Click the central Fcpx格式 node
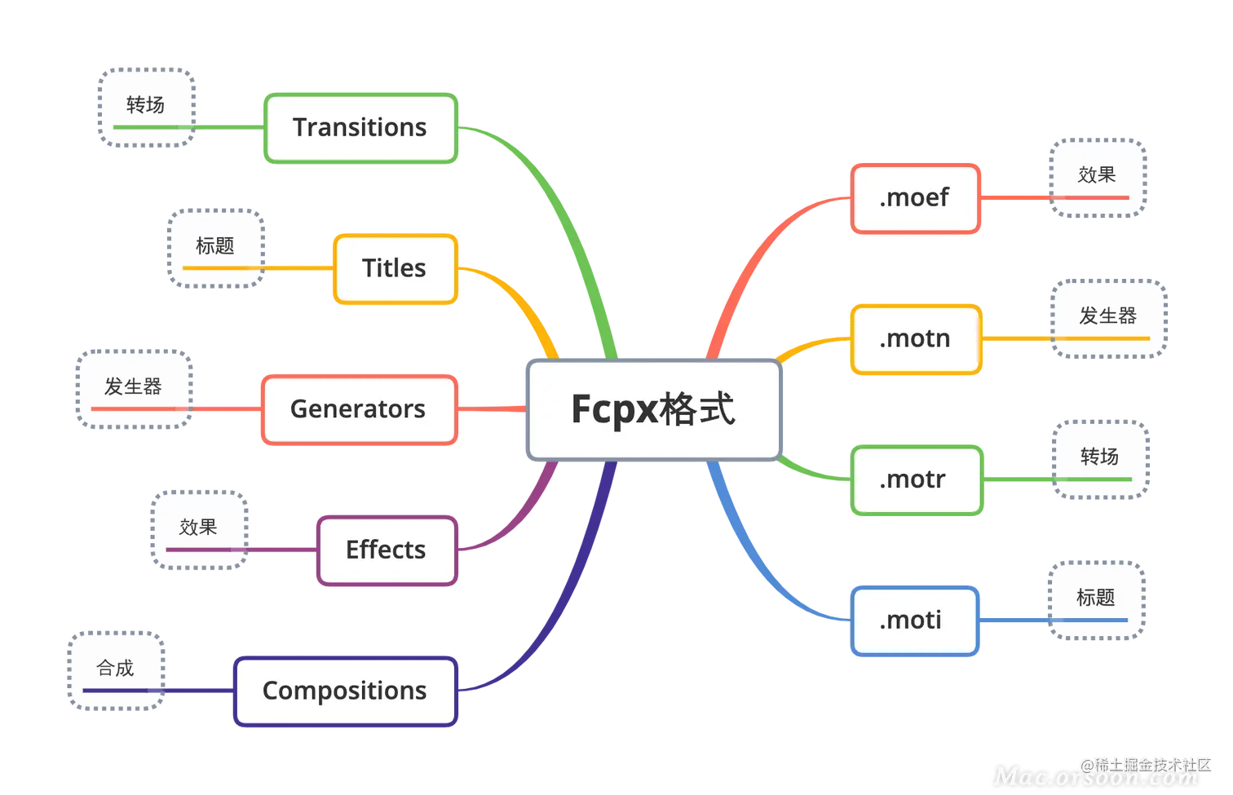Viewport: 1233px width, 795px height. (x=654, y=409)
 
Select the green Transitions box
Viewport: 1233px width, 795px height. (x=360, y=128)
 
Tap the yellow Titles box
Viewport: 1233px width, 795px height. (x=396, y=269)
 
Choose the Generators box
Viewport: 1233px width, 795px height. (x=360, y=409)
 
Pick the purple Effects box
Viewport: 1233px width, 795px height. (x=387, y=550)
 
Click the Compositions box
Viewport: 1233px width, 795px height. (x=346, y=691)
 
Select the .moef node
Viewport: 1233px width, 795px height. (x=916, y=198)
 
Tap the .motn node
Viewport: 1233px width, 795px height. (x=917, y=339)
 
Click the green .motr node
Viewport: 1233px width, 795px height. (x=917, y=480)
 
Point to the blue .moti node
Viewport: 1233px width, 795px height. (x=915, y=621)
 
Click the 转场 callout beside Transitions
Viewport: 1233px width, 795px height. (x=147, y=108)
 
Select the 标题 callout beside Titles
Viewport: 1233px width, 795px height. (x=216, y=249)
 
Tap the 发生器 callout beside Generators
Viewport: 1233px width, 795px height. (x=134, y=389)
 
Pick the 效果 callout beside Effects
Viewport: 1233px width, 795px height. (x=199, y=530)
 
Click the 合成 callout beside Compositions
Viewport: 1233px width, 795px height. (x=116, y=670)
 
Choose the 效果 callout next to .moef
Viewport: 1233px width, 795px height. (x=1098, y=178)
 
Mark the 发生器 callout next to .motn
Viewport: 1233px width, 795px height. (x=1108, y=319)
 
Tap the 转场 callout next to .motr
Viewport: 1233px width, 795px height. (x=1100, y=460)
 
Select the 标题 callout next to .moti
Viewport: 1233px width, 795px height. (x=1097, y=600)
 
